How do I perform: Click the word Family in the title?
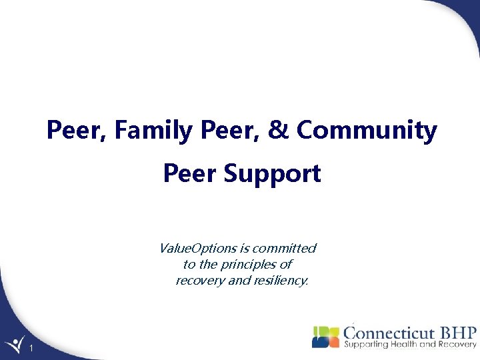point(155,131)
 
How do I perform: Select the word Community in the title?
point(367,131)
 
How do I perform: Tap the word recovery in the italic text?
point(199,281)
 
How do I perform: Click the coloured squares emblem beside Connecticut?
point(325,337)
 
